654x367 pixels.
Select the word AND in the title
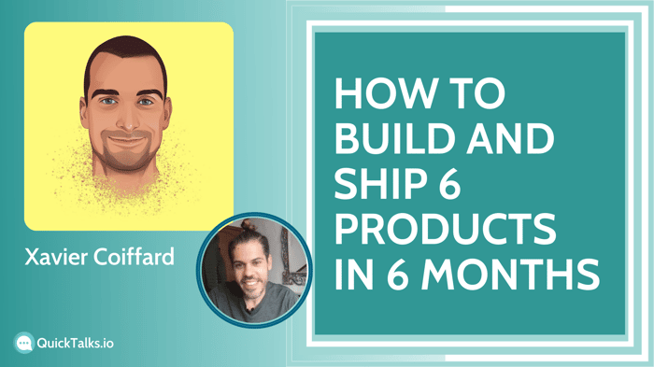click(x=510, y=139)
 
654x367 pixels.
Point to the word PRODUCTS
click(x=446, y=230)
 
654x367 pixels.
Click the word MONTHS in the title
click(x=510, y=275)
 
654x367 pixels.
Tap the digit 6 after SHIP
click(x=448, y=184)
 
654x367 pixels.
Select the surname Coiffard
click(x=134, y=257)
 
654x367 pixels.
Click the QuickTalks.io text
click(x=75, y=344)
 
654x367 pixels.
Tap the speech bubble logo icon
click(x=23, y=343)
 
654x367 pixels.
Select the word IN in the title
click(x=354, y=275)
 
